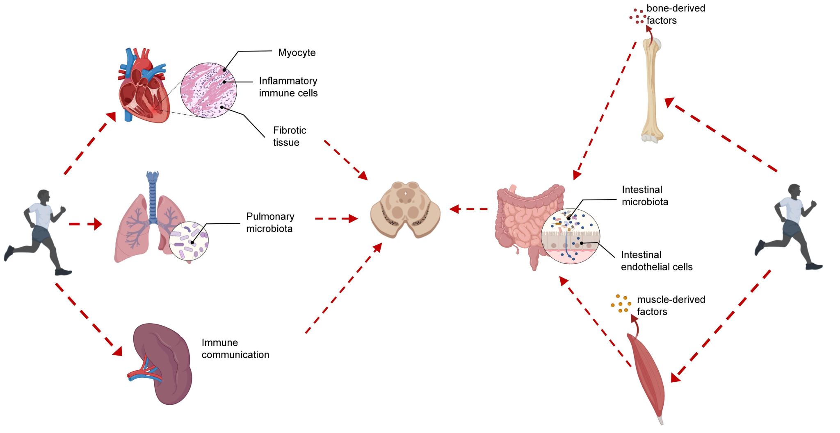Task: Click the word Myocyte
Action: click(297, 53)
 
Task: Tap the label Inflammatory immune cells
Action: click(288, 87)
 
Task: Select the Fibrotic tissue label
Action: click(289, 136)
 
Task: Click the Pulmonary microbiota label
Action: click(270, 222)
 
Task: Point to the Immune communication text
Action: click(235, 349)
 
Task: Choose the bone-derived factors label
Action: click(675, 14)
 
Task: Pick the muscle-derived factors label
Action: click(671, 306)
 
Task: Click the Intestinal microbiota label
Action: click(645, 196)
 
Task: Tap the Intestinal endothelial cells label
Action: click(656, 261)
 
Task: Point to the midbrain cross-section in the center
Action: click(405, 210)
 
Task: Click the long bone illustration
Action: click(652, 90)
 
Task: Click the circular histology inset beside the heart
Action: click(209, 90)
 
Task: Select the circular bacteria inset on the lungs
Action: click(189, 241)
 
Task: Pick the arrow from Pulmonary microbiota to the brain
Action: click(336, 219)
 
